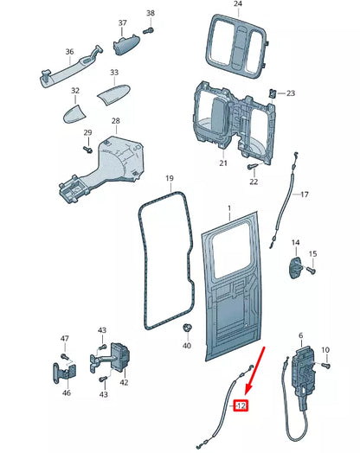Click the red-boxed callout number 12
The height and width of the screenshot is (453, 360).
(241, 404)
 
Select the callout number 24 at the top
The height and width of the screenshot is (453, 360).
(238, 5)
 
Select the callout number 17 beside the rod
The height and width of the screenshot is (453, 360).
(304, 195)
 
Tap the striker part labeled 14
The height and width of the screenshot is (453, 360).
(295, 265)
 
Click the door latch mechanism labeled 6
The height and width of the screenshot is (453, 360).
(303, 367)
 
